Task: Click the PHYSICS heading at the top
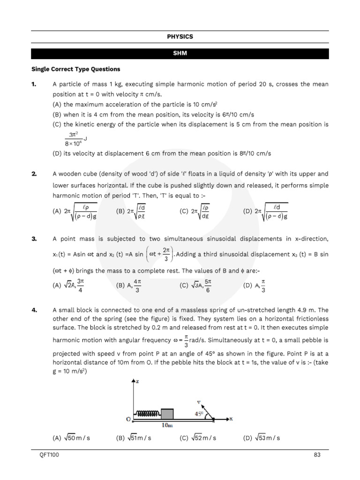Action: [180, 37]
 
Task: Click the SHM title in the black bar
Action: [180, 53]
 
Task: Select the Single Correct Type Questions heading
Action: [75, 69]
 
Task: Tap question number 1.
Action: [34, 84]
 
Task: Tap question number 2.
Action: [34, 174]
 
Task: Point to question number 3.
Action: [34, 239]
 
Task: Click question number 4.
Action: [34, 310]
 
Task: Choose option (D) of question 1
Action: [162, 153]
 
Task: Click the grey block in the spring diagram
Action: [167, 413]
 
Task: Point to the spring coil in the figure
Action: [147, 414]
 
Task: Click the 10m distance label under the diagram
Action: [167, 425]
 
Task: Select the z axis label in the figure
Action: [137, 381]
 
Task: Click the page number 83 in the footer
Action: [317, 455]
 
